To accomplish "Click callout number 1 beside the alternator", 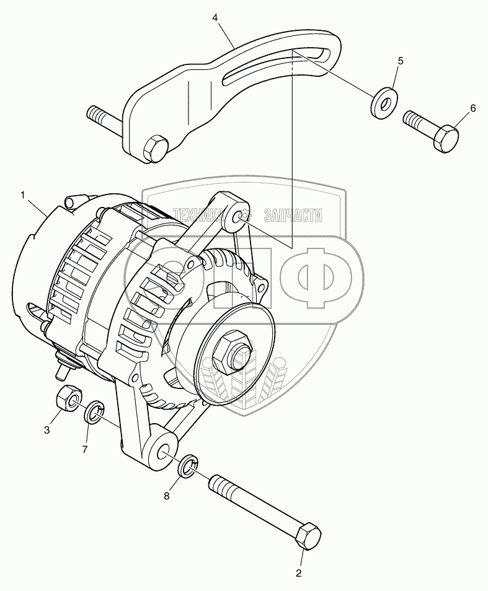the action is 24,195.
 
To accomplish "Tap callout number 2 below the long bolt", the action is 299,574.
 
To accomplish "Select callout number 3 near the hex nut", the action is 47,430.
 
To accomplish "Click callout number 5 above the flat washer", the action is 401,60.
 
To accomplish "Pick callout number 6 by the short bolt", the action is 472,108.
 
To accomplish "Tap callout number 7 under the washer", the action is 85,449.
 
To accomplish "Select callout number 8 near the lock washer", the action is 166,496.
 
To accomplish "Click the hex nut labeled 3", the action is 68,398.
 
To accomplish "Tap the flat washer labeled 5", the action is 383,102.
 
